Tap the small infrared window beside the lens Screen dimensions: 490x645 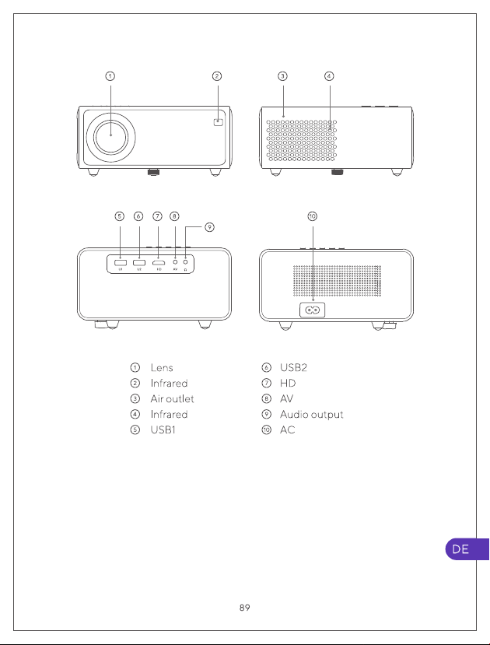[x=219, y=121]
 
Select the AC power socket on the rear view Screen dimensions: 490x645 [x=313, y=310]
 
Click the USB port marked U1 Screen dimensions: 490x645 [x=120, y=261]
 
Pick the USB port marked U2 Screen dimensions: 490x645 [x=139, y=261]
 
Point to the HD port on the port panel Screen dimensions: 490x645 [x=159, y=261]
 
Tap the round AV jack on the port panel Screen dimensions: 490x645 [x=176, y=261]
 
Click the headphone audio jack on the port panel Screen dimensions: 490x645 [x=185, y=261]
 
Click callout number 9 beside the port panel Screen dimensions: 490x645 [x=209, y=227]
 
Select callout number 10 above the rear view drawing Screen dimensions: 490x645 [x=313, y=216]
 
